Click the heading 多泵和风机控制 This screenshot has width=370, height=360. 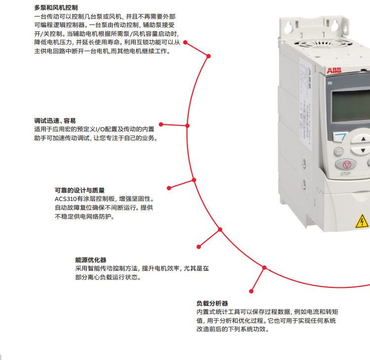pyautogui.click(x=56, y=8)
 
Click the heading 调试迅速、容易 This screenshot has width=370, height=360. pyautogui.click(x=55, y=120)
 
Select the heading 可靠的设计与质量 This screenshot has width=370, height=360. pyautogui.click(x=80, y=190)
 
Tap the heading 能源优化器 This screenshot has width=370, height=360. pyautogui.click(x=91, y=260)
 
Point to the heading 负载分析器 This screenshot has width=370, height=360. pyautogui.click(x=212, y=303)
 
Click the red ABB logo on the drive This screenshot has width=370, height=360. pyautogui.click(x=334, y=71)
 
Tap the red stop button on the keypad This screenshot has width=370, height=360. pyautogui.click(x=346, y=164)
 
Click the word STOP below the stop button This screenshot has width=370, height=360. pyautogui.click(x=345, y=174)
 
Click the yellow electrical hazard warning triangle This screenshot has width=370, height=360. pyautogui.click(x=362, y=221)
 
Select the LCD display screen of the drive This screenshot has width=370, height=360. pyautogui.click(x=351, y=105)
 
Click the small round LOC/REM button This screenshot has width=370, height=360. pyautogui.click(x=339, y=152)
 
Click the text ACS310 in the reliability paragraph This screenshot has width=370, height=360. pyautogui.click(x=66, y=199)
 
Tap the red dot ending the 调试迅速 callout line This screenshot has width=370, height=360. pyautogui.click(x=161, y=124)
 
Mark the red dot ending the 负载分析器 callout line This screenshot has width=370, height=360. pyautogui.click(x=251, y=291)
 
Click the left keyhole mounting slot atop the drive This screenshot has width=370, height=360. pyautogui.click(x=289, y=27)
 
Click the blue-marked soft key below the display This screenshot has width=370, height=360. pyautogui.click(x=340, y=137)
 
